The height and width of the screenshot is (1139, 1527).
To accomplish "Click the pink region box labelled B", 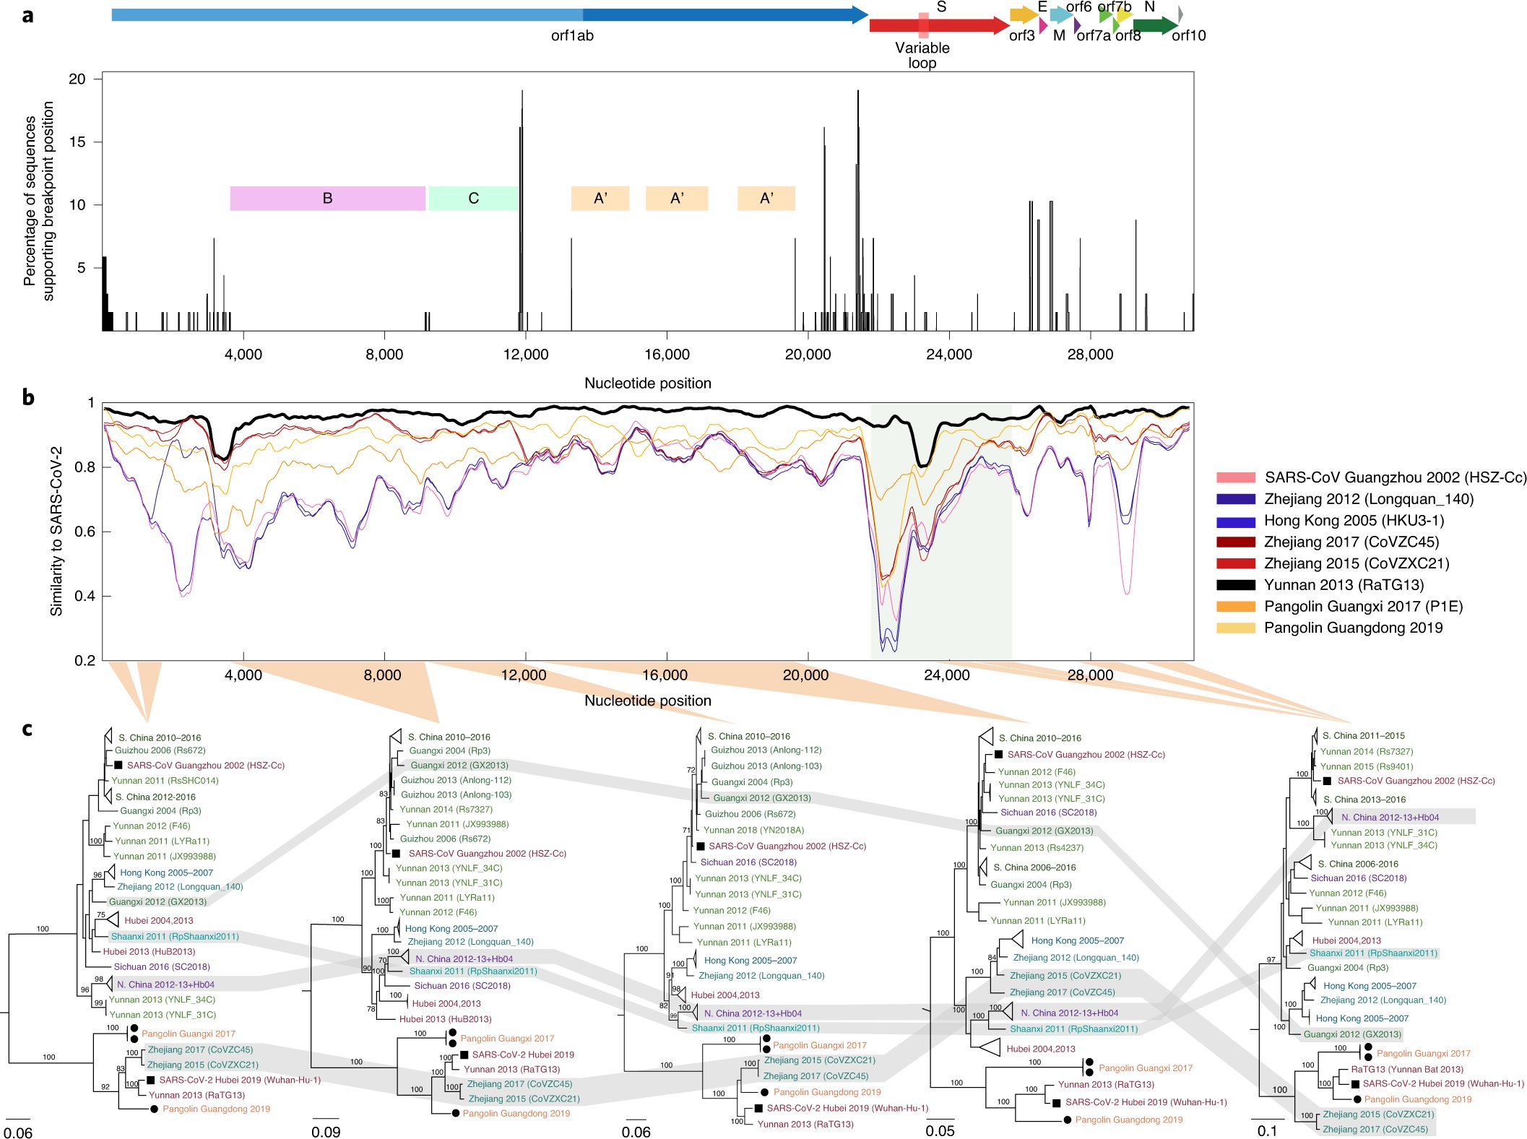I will pyautogui.click(x=327, y=199).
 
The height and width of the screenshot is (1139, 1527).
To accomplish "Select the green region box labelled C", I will pyautogui.click(x=473, y=199).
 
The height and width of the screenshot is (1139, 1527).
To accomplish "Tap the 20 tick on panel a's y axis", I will pyautogui.click(x=77, y=79).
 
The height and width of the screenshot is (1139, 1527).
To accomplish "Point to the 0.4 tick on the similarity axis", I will pyautogui.click(x=85, y=596).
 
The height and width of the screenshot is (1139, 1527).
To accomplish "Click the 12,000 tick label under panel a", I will pyautogui.click(x=525, y=355).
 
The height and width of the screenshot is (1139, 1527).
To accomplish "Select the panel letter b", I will pyautogui.click(x=27, y=397).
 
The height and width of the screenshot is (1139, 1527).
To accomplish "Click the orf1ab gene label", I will pyautogui.click(x=572, y=35).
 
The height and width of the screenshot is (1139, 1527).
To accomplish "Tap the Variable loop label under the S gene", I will pyautogui.click(x=922, y=55).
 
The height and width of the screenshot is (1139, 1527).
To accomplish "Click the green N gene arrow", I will pyautogui.click(x=1154, y=26).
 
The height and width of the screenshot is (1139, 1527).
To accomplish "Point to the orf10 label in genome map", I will pyautogui.click(x=1188, y=35).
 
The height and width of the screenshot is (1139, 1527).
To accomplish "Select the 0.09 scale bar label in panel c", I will pyautogui.click(x=326, y=1132).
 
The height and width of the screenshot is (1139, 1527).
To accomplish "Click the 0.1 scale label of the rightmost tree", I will pyautogui.click(x=1267, y=1131).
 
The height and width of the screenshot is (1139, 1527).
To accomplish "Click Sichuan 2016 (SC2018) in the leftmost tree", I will pyautogui.click(x=162, y=966).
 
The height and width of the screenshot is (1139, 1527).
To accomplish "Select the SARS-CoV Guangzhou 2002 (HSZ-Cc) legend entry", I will pyautogui.click(x=1395, y=477).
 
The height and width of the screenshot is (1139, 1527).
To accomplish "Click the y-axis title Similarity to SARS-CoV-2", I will pyautogui.click(x=56, y=531).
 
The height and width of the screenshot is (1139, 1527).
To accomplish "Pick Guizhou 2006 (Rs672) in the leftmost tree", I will pyautogui.click(x=160, y=750).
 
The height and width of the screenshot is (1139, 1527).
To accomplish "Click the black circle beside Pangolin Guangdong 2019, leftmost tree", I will pyautogui.click(x=154, y=1109).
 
